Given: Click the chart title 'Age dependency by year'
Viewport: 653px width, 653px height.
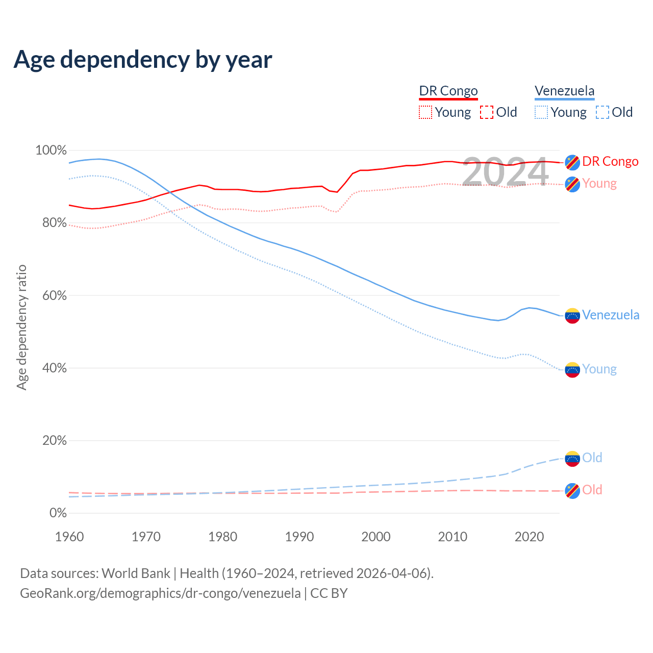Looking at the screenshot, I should click(x=143, y=60).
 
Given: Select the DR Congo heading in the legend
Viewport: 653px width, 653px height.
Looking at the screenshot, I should click(x=448, y=91).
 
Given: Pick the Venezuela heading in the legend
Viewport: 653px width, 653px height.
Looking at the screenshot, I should click(x=564, y=91).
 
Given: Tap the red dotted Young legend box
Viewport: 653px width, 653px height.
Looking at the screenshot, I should click(x=425, y=112).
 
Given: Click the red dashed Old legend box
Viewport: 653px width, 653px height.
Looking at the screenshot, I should click(x=487, y=112).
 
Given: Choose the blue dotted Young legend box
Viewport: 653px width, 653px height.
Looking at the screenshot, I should click(x=541, y=112).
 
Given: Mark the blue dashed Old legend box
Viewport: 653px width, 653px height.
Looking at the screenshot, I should click(x=602, y=112).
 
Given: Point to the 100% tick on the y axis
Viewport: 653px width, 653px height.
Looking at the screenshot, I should click(x=51, y=150).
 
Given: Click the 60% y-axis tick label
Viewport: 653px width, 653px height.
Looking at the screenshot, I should click(x=54, y=296).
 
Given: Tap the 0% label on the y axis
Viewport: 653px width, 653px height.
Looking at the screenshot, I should click(x=58, y=513).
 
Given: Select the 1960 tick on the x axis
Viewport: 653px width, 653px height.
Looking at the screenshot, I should click(x=69, y=537).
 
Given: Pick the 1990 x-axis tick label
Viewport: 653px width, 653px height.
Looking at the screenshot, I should click(x=299, y=537).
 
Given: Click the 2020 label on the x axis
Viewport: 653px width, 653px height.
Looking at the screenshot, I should click(x=530, y=537).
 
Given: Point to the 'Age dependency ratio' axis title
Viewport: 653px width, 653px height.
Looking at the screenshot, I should click(x=21, y=327).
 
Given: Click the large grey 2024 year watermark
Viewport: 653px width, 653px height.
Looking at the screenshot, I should click(x=505, y=171).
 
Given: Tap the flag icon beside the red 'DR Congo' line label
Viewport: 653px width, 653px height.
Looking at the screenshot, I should click(x=572, y=162).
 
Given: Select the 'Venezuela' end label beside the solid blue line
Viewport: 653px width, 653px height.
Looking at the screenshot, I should click(x=611, y=315).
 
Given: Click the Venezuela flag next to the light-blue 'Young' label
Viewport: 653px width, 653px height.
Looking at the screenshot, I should click(x=572, y=369).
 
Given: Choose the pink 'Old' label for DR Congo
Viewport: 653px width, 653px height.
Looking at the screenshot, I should click(x=592, y=490).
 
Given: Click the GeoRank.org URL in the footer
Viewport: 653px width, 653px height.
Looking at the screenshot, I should click(x=160, y=593).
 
